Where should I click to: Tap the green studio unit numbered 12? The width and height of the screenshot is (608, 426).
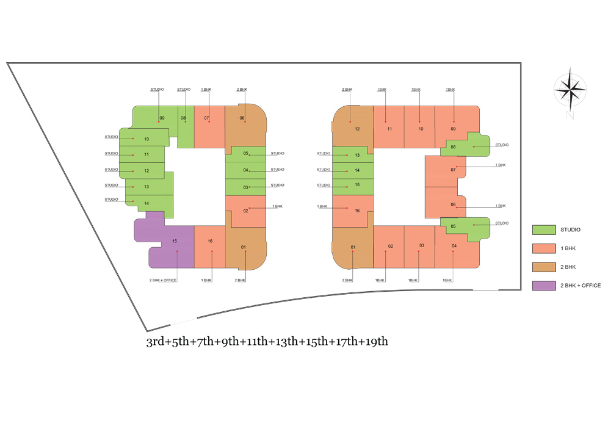pyautogui.click(x=143, y=171)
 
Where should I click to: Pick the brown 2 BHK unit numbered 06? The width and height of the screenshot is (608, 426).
pyautogui.click(x=245, y=125)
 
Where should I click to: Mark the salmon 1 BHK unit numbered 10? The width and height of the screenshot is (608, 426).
pyautogui.click(x=419, y=127)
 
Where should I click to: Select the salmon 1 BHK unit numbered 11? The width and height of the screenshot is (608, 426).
pyautogui.click(x=388, y=127)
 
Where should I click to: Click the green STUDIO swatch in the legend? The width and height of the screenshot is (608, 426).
pyautogui.click(x=543, y=229)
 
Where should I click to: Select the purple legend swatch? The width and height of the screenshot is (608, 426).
pyautogui.click(x=543, y=285)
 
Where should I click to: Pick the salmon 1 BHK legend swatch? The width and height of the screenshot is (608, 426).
pyautogui.click(x=543, y=248)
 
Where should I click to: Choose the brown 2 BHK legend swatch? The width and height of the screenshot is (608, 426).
pyautogui.click(x=543, y=267)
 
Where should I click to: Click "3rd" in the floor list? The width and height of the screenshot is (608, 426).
pyautogui.click(x=155, y=341)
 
